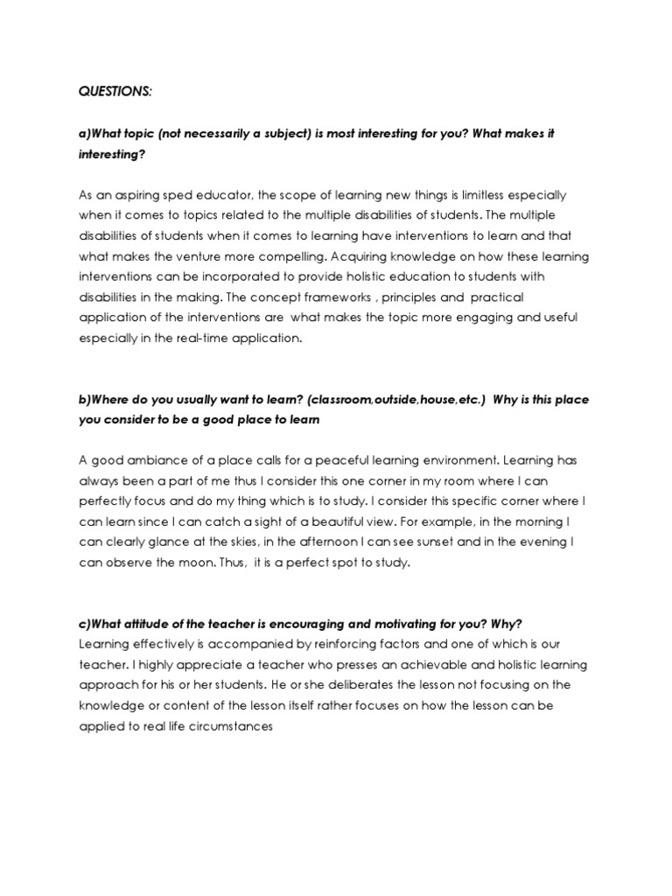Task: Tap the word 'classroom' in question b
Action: (x=337, y=399)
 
